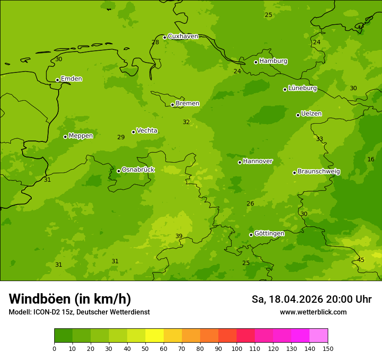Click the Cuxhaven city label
(x=183, y=36)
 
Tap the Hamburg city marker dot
(x=256, y=62)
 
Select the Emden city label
(x=71, y=79)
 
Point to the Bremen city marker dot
(x=172, y=105)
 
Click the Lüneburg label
(x=303, y=88)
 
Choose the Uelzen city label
(x=311, y=114)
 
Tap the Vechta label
(x=147, y=131)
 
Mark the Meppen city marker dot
(x=65, y=137)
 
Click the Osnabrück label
(x=138, y=170)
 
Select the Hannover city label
(x=257, y=161)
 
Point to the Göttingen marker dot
(x=251, y=235)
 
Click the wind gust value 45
(x=361, y=260)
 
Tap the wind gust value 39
(x=179, y=236)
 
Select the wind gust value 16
(x=371, y=160)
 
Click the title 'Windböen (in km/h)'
(x=70, y=299)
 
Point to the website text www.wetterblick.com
(x=313, y=312)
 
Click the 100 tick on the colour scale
(x=237, y=348)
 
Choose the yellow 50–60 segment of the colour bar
(x=155, y=336)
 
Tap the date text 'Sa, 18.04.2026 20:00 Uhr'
(x=311, y=299)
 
